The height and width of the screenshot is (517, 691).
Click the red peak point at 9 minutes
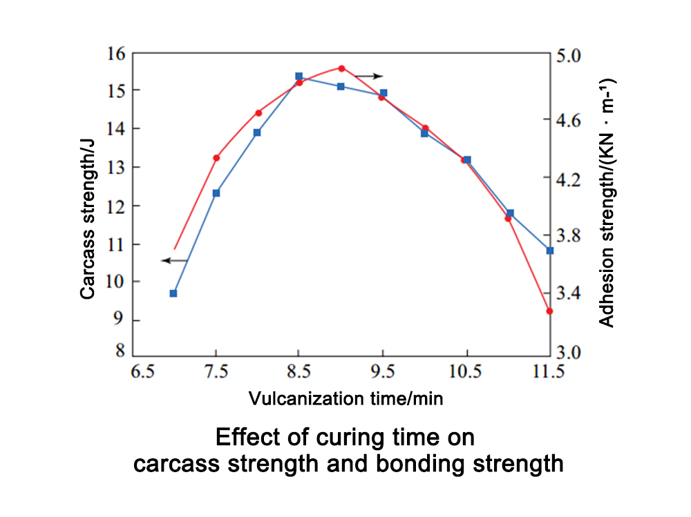[341, 68]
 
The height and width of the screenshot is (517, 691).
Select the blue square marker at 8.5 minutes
[299, 77]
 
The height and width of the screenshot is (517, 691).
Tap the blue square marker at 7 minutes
[173, 293]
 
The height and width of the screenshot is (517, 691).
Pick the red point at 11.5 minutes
[549, 311]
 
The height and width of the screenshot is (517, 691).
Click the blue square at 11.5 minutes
[550, 251]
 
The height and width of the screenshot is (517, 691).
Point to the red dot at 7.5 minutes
[216, 158]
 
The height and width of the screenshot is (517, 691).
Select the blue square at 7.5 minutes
[216, 193]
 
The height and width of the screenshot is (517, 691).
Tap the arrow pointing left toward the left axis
[174, 260]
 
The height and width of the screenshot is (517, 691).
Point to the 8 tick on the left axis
[120, 351]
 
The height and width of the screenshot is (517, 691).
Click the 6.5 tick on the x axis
[142, 373]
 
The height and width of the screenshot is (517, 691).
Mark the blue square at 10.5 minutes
[466, 160]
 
